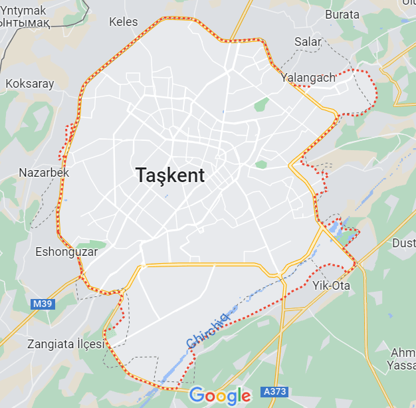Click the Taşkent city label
(x=170, y=175)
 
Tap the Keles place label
(x=123, y=22)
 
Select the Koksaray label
(x=30, y=84)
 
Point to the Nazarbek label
(x=44, y=173)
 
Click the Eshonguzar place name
(x=66, y=252)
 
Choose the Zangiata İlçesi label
(x=66, y=344)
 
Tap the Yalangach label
(x=308, y=78)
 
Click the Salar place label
(x=308, y=42)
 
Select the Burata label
(x=342, y=14)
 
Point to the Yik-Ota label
(x=331, y=286)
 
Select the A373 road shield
(x=274, y=391)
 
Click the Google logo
(x=220, y=396)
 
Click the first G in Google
(x=196, y=395)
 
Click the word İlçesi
(x=91, y=344)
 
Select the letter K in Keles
(x=112, y=22)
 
